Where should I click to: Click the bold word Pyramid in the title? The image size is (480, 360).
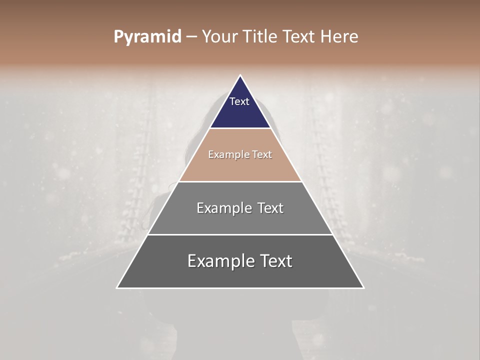click(147, 37)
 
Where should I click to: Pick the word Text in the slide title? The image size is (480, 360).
click(299, 37)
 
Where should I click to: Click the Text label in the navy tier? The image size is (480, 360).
click(239, 101)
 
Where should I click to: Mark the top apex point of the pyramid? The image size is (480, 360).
click(240, 75)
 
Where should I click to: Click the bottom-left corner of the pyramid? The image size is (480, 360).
click(117, 288)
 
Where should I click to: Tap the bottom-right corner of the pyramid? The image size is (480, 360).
click(363, 288)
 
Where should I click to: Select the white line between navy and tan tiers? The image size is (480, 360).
click(240, 128)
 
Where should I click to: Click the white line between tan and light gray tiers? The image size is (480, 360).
click(240, 181)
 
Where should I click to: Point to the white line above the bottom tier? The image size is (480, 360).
click(240, 234)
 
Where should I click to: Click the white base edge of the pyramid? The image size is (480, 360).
click(240, 288)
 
